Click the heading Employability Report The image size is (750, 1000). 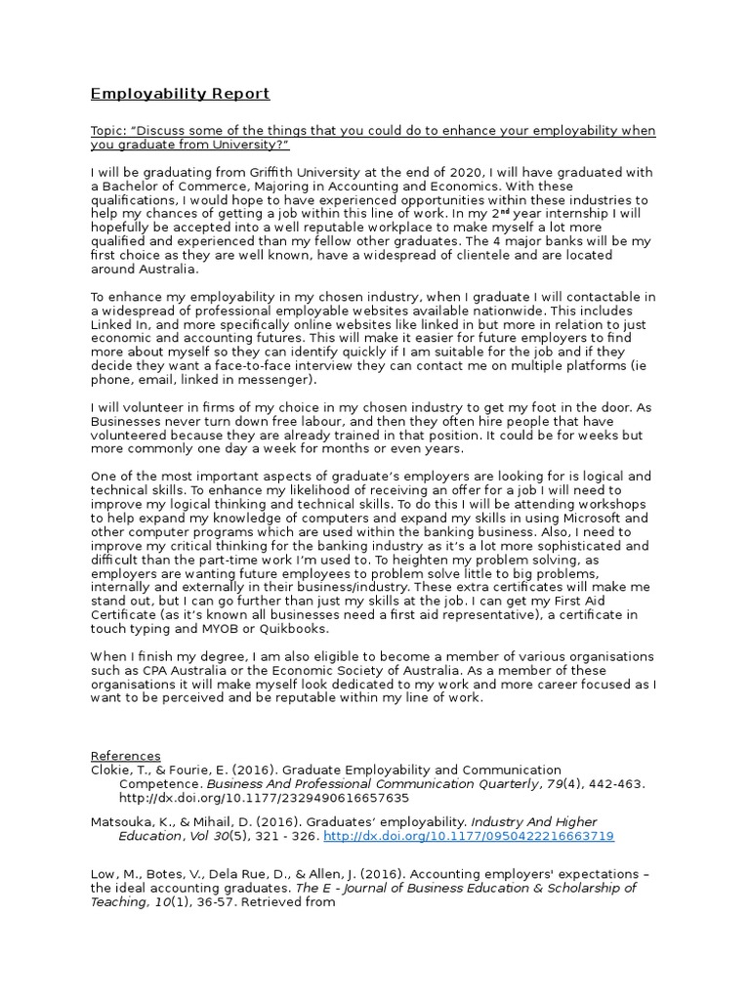click(180, 94)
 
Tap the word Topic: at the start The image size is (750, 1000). click(110, 131)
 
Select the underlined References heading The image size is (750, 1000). click(126, 756)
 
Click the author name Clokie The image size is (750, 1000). click(111, 770)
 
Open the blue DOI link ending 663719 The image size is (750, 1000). click(468, 836)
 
